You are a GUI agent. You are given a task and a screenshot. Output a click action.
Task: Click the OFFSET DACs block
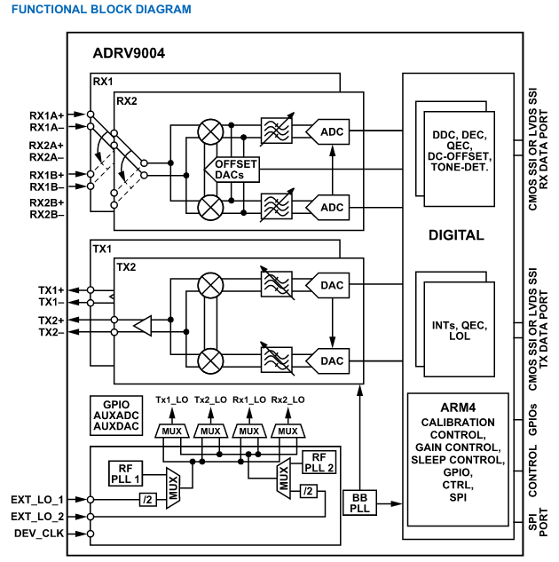(232, 170)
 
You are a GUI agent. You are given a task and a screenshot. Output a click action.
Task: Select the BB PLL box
(359, 503)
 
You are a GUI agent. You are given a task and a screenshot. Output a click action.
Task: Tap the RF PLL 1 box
(125, 473)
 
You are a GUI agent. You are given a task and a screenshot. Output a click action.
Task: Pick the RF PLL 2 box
(319, 463)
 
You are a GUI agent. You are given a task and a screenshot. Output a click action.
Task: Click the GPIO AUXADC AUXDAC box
(116, 416)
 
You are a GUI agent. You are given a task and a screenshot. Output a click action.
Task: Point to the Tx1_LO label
(172, 400)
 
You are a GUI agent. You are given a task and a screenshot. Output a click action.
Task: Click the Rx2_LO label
(287, 400)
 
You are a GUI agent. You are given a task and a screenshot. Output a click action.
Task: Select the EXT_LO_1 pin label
(37, 500)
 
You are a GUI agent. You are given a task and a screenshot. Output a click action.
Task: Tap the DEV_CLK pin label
(39, 534)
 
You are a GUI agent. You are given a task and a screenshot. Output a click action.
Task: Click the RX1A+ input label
(46, 115)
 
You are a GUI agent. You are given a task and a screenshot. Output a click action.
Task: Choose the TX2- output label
(51, 333)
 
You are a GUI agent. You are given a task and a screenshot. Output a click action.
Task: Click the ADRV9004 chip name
(129, 53)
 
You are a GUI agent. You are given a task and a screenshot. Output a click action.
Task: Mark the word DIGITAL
(456, 235)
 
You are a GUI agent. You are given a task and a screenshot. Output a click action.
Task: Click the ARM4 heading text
(458, 408)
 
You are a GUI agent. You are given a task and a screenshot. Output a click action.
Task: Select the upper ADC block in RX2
(327, 132)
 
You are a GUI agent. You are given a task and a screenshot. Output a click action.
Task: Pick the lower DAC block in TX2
(327, 361)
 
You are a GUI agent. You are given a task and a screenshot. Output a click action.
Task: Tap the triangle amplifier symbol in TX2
(143, 326)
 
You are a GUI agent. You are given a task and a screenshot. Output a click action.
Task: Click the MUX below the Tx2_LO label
(210, 431)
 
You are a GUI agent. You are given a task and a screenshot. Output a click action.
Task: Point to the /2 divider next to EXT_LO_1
(148, 500)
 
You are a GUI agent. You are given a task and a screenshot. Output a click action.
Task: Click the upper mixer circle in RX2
(210, 132)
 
